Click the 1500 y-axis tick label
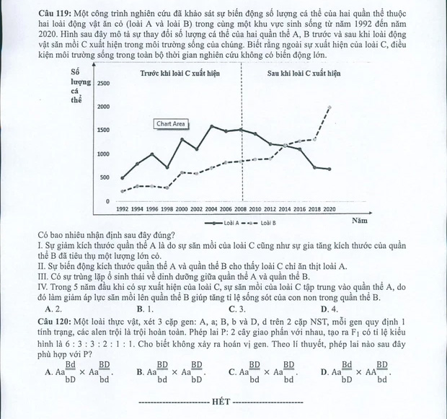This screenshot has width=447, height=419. tap(104, 131)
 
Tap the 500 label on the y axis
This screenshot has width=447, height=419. tap(105, 177)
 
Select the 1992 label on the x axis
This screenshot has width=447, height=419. tap(123, 208)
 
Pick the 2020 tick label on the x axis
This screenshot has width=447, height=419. tap(329, 208)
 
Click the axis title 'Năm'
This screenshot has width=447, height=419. tap(360, 220)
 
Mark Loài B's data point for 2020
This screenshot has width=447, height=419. tap(329, 107)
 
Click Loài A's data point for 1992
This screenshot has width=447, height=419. tap(123, 178)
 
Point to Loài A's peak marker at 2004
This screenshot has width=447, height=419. tap(211, 126)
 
